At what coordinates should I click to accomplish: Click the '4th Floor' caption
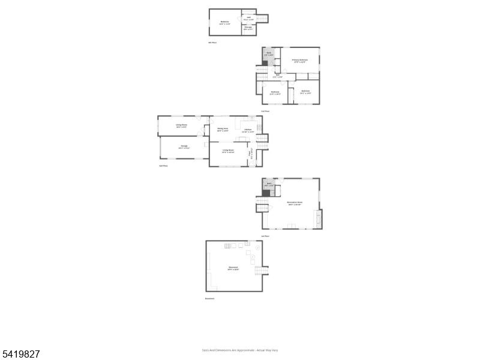click(212, 43)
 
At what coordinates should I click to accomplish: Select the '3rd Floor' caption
click(265, 111)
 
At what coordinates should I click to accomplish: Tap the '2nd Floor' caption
click(163, 166)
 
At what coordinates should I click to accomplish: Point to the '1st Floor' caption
click(265, 236)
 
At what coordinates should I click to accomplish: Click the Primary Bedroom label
click(299, 61)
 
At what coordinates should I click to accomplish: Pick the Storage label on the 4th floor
click(248, 28)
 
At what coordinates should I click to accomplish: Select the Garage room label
click(184, 147)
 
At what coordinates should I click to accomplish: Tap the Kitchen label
click(248, 130)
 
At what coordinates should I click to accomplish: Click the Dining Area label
click(223, 129)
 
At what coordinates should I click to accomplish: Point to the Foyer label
click(250, 153)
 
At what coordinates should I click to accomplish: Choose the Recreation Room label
click(295, 203)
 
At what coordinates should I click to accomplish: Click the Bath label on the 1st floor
click(270, 185)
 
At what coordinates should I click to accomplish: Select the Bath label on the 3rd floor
click(269, 55)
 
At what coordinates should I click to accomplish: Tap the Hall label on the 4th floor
click(248, 18)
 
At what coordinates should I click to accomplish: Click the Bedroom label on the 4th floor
click(225, 23)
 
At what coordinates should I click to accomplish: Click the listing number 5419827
click(21, 355)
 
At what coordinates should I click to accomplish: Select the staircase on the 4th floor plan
click(262, 18)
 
